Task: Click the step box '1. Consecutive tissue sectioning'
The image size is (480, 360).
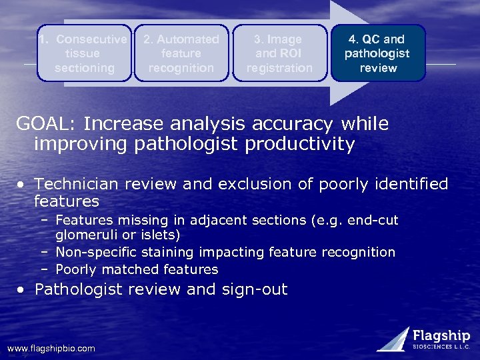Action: pyautogui.click(x=84, y=53)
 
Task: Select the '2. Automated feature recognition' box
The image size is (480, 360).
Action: pyautogui.click(x=181, y=53)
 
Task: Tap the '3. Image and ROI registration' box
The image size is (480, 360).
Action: pyautogui.click(x=279, y=53)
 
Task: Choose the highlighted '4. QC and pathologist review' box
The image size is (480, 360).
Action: pyautogui.click(x=378, y=53)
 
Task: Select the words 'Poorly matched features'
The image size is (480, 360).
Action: pyautogui.click(x=137, y=269)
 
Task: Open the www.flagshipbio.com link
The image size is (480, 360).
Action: pyautogui.click(x=51, y=348)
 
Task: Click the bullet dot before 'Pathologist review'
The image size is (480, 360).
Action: pyautogui.click(x=23, y=290)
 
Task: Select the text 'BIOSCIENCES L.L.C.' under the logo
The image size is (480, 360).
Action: pyautogui.click(x=441, y=347)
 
